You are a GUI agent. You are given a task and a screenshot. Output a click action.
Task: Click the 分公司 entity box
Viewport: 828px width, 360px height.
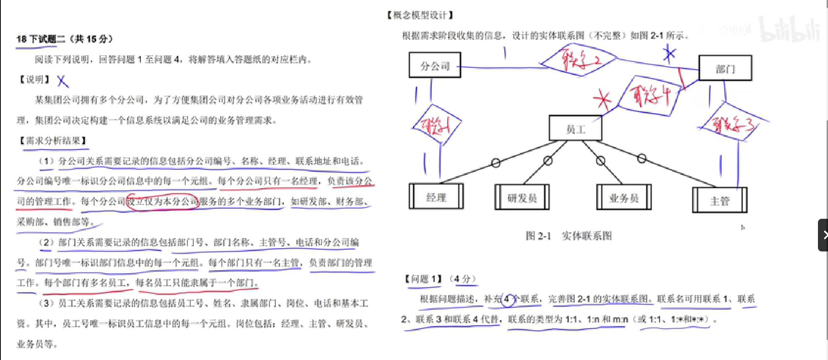pyautogui.click(x=435, y=65)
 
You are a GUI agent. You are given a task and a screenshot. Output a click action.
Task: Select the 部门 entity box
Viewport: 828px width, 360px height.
pyautogui.click(x=725, y=68)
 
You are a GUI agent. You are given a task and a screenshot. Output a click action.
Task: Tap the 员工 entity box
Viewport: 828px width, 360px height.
pyautogui.click(x=575, y=129)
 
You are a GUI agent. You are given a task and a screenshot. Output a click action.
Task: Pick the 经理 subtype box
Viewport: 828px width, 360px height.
pyautogui.click(x=436, y=197)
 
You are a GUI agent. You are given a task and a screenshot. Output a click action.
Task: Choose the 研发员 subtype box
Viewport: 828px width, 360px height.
pyautogui.click(x=522, y=197)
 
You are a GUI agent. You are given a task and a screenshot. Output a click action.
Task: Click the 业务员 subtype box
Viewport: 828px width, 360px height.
pyautogui.click(x=624, y=197)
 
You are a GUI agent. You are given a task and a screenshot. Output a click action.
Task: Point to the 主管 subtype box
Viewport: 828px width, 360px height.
pyautogui.click(x=719, y=200)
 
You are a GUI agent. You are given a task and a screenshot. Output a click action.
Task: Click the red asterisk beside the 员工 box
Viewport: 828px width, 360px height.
pyautogui.click(x=603, y=100)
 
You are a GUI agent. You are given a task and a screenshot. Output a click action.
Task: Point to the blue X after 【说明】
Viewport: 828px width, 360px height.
pyautogui.click(x=62, y=80)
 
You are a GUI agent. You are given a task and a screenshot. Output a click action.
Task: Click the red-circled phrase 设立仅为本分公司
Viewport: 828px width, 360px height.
pyautogui.click(x=162, y=202)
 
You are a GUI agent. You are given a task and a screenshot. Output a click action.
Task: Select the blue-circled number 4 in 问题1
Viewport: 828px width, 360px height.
pyautogui.click(x=508, y=299)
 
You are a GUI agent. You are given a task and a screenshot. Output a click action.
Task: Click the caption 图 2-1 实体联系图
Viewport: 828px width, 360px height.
pyautogui.click(x=568, y=236)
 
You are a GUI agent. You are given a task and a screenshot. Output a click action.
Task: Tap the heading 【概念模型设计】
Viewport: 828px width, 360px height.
pyautogui.click(x=420, y=16)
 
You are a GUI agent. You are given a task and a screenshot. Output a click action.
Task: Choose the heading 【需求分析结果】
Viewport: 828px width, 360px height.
pyautogui.click(x=53, y=141)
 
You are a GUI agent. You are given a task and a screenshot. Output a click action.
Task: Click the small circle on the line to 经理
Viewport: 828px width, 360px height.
pyautogui.click(x=496, y=163)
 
